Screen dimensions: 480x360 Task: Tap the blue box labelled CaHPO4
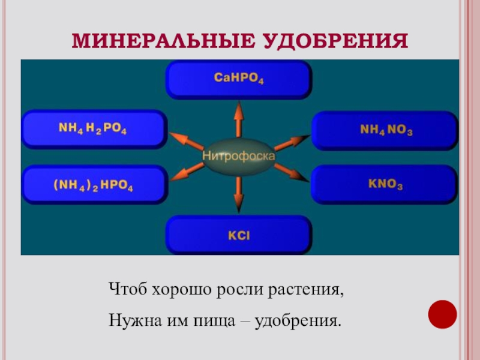(238, 79)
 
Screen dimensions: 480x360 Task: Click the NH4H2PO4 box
(93, 128)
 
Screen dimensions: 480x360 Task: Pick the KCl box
(238, 235)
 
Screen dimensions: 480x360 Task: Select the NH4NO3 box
(385, 130)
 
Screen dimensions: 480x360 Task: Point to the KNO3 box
(385, 185)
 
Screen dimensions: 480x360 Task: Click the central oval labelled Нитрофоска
(238, 156)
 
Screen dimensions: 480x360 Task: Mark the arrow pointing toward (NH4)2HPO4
(185, 171)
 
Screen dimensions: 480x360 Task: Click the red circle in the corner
(443, 314)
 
